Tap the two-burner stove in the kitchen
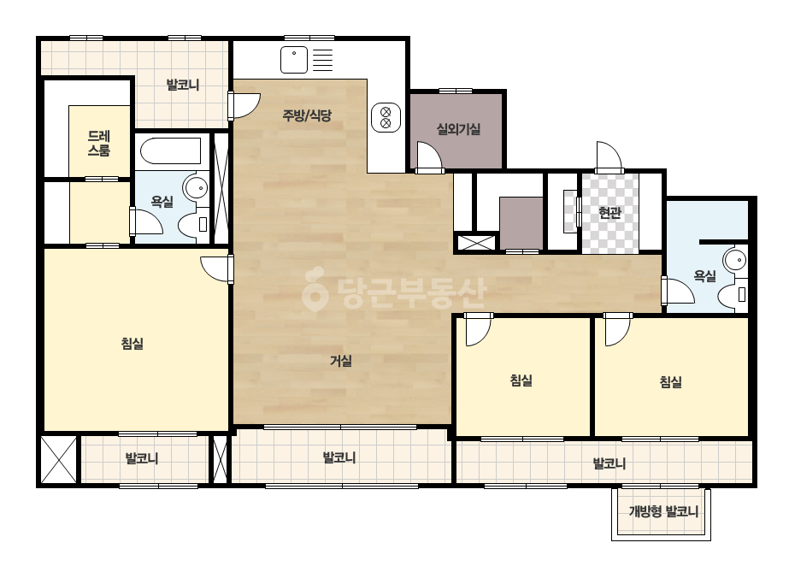pos(386,117)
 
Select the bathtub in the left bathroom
pos(170,150)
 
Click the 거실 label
pos(341,361)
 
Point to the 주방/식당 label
pos(307,115)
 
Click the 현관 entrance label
pos(609,212)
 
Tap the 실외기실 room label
pos(458,129)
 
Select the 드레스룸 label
pos(99,143)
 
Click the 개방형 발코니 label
pos(663,512)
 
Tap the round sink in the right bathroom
pos(735,260)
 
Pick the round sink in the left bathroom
pos(196,188)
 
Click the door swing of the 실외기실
pos(429,157)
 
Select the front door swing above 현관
pos(609,156)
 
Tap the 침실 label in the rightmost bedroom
pos(671,382)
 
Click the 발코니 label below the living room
pos(339,457)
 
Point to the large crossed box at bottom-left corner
pos(59,460)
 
